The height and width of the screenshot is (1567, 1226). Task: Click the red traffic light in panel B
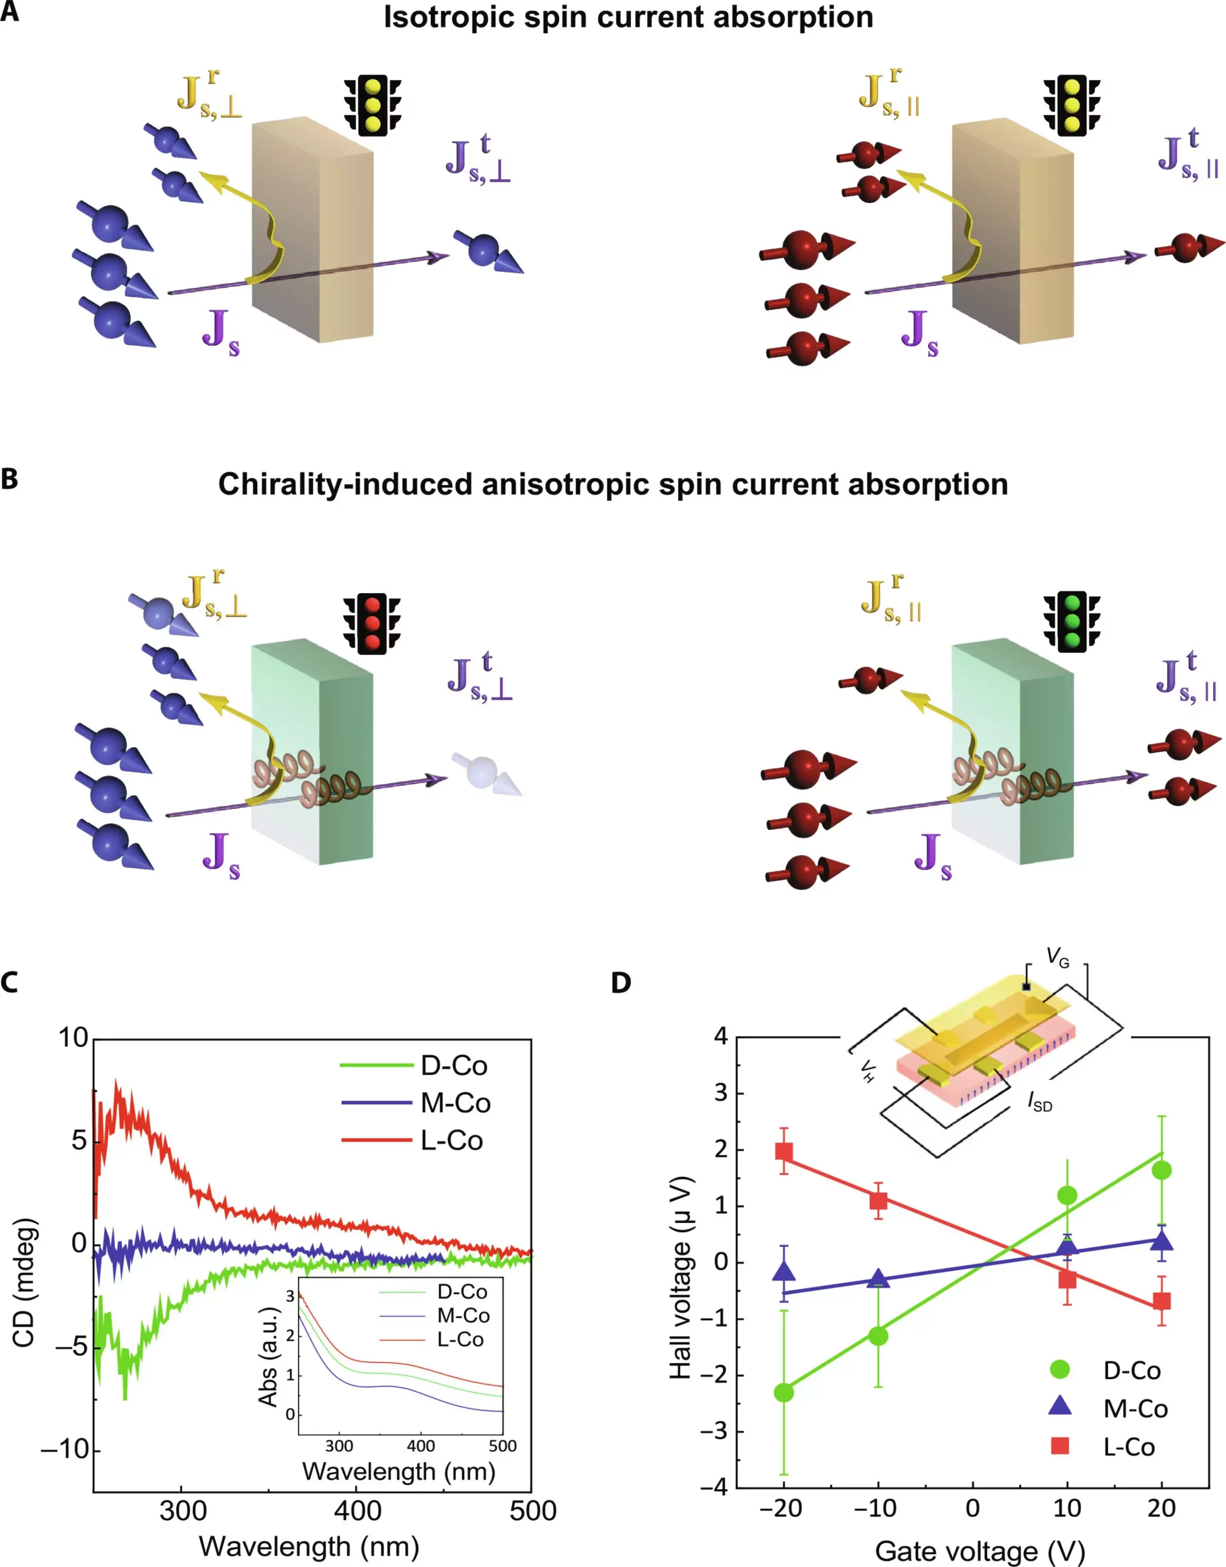tap(371, 623)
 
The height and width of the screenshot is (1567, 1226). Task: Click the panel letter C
tap(9, 982)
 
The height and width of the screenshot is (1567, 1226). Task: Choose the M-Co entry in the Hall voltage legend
tap(1135, 1408)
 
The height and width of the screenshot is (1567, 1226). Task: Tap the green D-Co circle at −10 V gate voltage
tap(878, 1336)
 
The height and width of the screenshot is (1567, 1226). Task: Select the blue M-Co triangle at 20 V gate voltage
tap(1161, 1241)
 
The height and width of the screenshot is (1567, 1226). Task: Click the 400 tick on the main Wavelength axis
tap(357, 1511)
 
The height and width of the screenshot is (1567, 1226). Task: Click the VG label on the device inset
tap(1057, 957)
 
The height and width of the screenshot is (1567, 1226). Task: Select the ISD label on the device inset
tap(1039, 1102)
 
